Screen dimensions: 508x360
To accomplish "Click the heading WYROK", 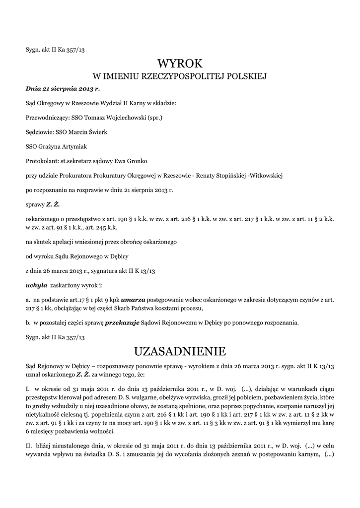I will (180, 63).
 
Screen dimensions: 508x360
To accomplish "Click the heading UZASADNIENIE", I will (180, 352).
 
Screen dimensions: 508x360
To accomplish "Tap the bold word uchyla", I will (36, 286).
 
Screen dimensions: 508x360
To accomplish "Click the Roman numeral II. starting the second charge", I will (28, 433).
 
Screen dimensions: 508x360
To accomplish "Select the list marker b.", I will (28, 322).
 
